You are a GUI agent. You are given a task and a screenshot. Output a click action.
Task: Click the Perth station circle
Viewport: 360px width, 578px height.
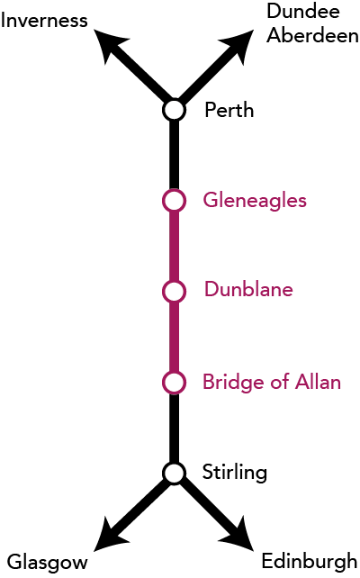(174, 110)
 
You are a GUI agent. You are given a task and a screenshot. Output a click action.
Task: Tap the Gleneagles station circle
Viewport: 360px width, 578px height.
(174, 201)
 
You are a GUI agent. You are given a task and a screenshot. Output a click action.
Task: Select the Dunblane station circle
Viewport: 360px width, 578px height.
(174, 291)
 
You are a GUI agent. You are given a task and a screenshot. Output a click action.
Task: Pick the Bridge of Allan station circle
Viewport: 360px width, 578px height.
(174, 383)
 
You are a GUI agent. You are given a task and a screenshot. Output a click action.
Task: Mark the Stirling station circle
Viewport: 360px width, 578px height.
(174, 473)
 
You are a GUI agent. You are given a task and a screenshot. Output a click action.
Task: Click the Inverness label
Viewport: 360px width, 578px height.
(44, 21)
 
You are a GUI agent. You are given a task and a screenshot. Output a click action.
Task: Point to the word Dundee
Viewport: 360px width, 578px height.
(303, 11)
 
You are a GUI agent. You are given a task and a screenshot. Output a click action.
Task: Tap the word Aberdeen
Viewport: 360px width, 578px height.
(312, 36)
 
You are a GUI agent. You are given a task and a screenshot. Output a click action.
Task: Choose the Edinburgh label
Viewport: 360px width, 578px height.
(310, 562)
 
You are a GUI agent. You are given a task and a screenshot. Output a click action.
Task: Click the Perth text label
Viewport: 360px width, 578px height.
(229, 110)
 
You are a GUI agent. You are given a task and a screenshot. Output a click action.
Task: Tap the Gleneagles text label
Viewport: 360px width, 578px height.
(255, 202)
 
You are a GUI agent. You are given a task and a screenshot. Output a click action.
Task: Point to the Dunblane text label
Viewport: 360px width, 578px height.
(248, 289)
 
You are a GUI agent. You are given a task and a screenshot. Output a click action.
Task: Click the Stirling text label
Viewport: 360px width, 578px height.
(235, 473)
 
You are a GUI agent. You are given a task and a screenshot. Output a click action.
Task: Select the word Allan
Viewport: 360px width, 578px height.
(318, 382)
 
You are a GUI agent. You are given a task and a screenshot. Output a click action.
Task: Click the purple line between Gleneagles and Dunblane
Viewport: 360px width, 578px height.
(174, 246)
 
